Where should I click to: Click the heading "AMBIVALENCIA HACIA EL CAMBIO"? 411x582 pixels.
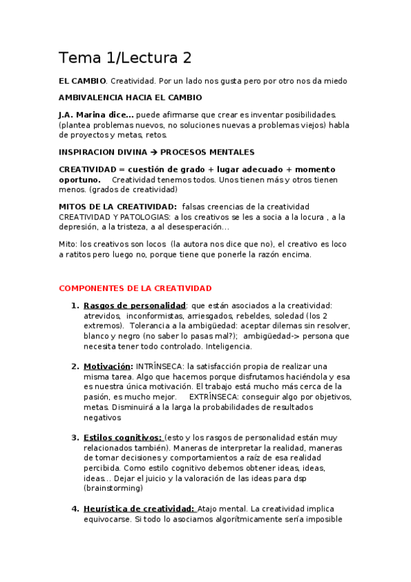[130, 97]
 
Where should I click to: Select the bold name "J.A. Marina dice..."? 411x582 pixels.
[96, 114]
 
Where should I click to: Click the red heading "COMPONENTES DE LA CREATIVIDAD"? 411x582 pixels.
[135, 288]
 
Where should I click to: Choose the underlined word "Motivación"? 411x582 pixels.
[107, 366]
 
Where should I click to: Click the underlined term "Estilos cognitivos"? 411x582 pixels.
[122, 438]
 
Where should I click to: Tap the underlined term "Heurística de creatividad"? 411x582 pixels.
[139, 509]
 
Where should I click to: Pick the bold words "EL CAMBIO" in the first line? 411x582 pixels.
[82, 81]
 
